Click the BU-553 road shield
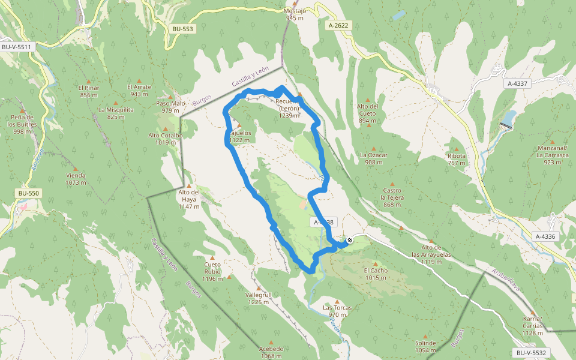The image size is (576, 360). (x=182, y=29)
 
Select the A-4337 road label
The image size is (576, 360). (x=517, y=83)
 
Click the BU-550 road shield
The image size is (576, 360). (x=28, y=193)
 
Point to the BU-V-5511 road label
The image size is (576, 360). (x=16, y=46)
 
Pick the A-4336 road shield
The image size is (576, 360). (x=545, y=236)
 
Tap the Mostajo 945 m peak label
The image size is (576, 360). (x=296, y=14)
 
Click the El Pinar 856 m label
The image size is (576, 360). (x=88, y=91)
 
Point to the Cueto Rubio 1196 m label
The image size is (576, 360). (x=212, y=271)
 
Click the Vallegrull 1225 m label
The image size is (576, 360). (x=259, y=298)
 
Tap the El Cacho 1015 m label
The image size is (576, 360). (x=376, y=274)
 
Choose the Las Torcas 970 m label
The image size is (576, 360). (x=338, y=311)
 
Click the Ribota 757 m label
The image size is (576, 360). (x=457, y=159)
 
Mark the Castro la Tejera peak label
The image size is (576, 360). (x=392, y=197)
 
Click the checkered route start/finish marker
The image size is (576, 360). (x=349, y=241)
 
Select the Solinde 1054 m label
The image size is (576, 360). (x=425, y=346)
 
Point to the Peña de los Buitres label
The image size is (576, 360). (x=22, y=124)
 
